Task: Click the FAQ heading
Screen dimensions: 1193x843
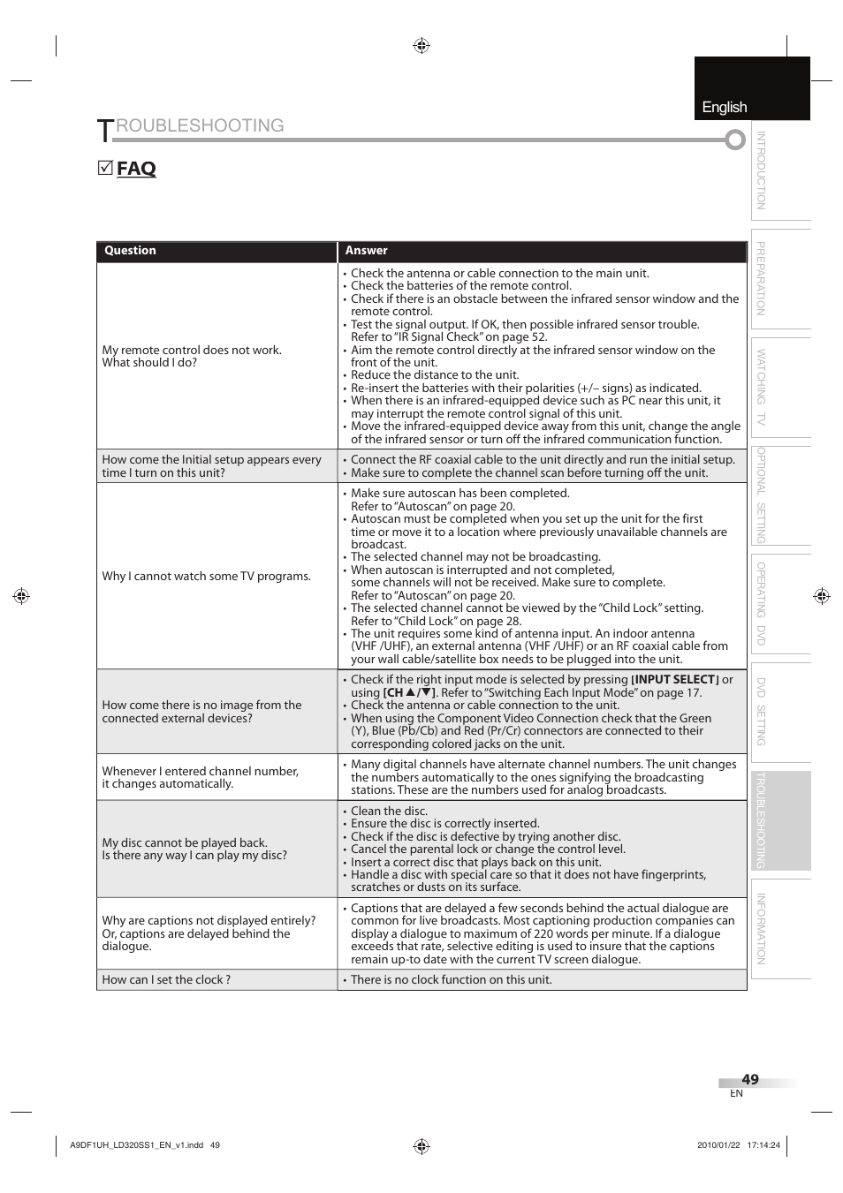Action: click(x=136, y=169)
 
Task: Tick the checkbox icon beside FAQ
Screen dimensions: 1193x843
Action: click(x=105, y=168)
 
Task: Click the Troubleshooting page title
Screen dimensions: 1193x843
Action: click(x=191, y=127)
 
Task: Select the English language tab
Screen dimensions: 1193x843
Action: click(x=725, y=107)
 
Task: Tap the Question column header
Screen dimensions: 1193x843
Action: click(x=130, y=251)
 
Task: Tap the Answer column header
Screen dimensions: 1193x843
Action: click(x=366, y=251)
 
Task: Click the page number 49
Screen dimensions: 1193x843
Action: click(x=750, y=1079)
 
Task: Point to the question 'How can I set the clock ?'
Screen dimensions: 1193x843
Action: click(x=166, y=979)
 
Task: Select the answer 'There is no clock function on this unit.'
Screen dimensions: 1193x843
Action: click(x=451, y=979)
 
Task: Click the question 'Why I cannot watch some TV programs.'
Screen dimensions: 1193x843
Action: click(x=206, y=576)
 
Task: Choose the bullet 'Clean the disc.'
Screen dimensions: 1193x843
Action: click(x=389, y=811)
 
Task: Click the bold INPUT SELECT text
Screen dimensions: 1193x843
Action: click(x=675, y=680)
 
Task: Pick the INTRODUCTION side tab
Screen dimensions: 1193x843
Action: click(x=761, y=170)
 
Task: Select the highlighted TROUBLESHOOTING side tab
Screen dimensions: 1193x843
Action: click(x=761, y=820)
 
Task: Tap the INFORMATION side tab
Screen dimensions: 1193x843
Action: click(x=761, y=929)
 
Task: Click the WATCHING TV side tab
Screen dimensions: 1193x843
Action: click(x=761, y=387)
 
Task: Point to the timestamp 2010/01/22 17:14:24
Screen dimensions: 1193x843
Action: click(x=739, y=1145)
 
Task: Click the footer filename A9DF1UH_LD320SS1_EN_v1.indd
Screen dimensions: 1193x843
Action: click(x=136, y=1145)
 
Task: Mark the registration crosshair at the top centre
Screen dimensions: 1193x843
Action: click(x=421, y=46)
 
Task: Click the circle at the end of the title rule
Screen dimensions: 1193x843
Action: click(x=735, y=140)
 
